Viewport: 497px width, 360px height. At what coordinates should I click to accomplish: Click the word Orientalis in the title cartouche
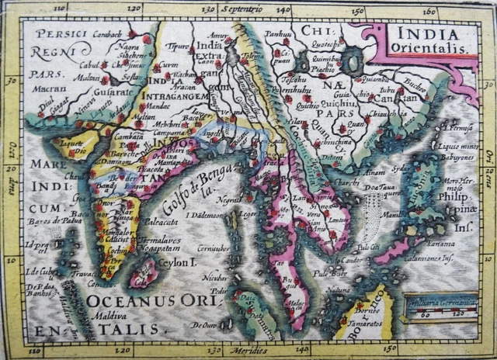432,48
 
